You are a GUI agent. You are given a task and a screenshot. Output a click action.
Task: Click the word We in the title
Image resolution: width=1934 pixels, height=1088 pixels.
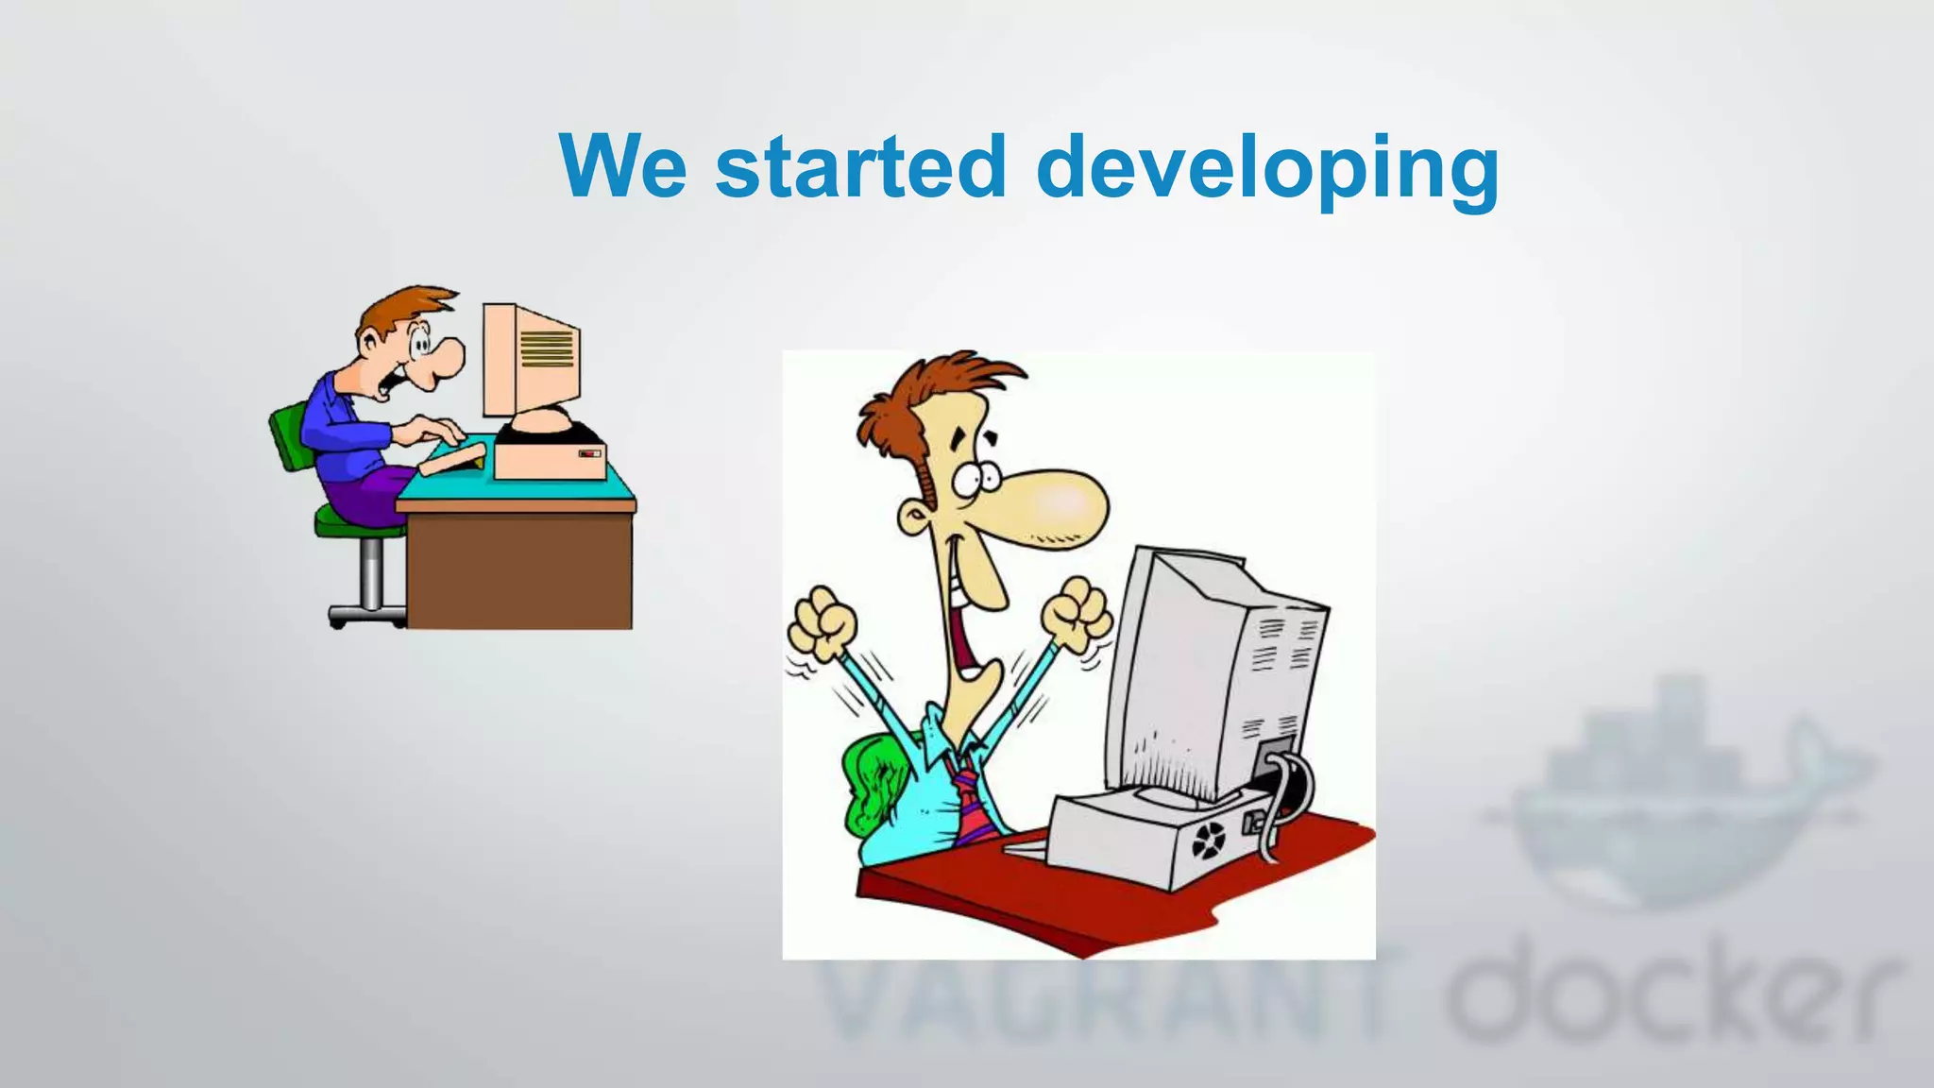click(x=622, y=166)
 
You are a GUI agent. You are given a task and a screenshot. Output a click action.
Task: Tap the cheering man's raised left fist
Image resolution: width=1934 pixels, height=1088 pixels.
click(x=821, y=624)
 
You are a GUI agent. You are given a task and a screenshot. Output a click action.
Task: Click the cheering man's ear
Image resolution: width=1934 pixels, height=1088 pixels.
click(x=913, y=518)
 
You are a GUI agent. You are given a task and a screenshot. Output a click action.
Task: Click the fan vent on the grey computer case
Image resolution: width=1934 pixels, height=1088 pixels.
click(x=1209, y=840)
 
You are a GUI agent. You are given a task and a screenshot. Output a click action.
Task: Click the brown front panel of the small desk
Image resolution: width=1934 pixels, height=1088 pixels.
click(x=519, y=571)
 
